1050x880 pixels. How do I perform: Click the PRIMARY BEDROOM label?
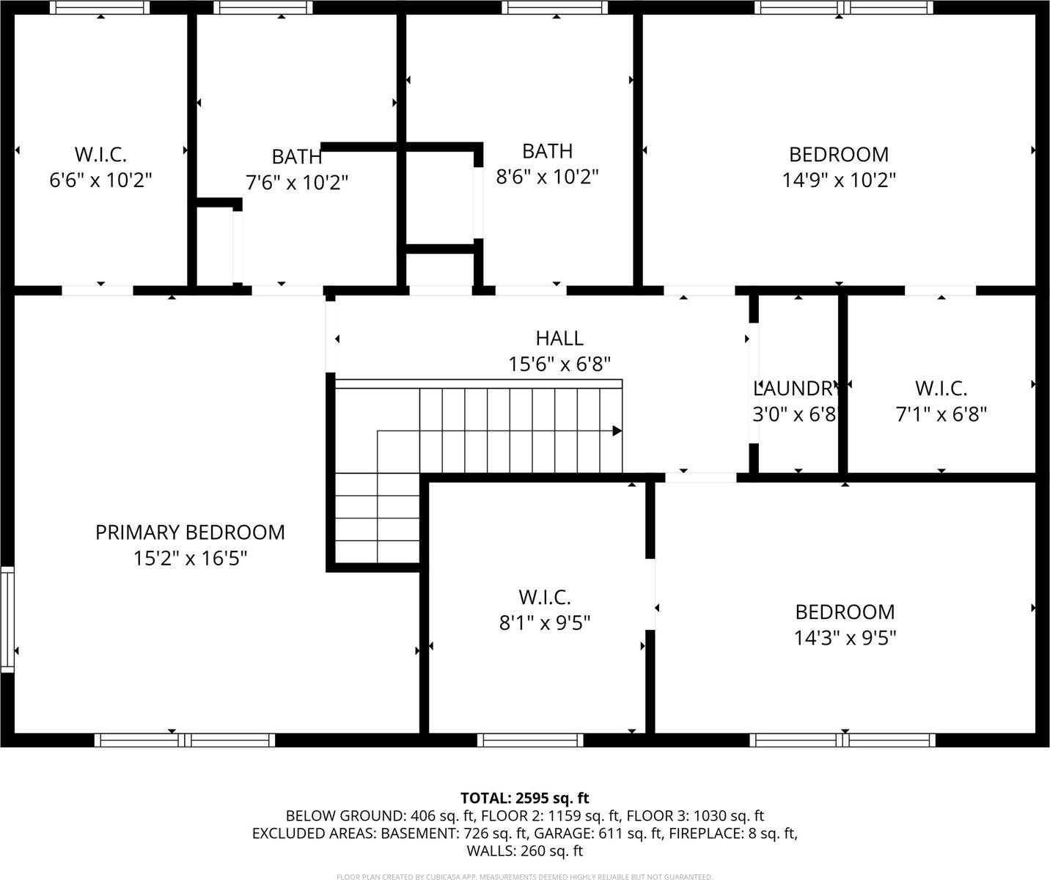[190, 532]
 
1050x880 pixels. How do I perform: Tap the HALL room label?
[559, 338]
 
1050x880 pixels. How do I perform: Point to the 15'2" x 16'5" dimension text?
[190, 559]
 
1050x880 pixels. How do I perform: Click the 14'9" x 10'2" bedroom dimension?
[839, 180]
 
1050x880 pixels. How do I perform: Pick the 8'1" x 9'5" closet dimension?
[544, 623]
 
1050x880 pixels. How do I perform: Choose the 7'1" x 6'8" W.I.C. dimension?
[941, 415]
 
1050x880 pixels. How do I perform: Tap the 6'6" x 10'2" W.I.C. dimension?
[100, 180]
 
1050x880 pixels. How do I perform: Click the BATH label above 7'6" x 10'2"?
[296, 157]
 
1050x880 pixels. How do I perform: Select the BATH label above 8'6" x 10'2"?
[547, 151]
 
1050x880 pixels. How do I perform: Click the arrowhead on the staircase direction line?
[617, 430]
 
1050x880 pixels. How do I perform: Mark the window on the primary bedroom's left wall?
[7, 619]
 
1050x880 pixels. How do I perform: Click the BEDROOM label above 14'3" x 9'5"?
[845, 612]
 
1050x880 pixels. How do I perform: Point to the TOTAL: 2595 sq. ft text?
[524, 798]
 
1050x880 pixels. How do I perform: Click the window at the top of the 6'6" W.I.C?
[100, 7]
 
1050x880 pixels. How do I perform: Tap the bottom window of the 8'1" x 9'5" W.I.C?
[530, 740]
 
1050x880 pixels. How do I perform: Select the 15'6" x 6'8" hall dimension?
[559, 364]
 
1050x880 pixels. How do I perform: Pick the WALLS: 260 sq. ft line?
[524, 851]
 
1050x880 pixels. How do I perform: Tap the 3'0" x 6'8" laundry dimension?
[795, 415]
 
